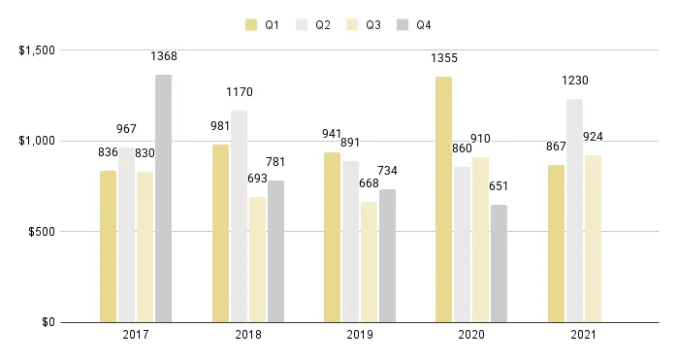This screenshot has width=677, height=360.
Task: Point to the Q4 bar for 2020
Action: (x=499, y=263)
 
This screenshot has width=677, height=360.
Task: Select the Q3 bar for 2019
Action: (x=369, y=262)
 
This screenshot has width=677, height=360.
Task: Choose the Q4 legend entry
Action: (x=414, y=24)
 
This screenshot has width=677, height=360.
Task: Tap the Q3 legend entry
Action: (x=363, y=24)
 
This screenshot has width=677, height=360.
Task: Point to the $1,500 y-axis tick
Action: (x=37, y=50)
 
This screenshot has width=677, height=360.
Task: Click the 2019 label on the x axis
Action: (x=359, y=336)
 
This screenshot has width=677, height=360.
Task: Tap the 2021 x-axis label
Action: (x=583, y=336)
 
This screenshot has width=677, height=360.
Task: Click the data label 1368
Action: (x=163, y=57)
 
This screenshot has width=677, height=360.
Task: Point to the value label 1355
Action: (x=443, y=59)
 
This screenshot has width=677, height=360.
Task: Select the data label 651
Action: (x=499, y=186)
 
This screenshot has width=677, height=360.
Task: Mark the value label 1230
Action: (x=574, y=82)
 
